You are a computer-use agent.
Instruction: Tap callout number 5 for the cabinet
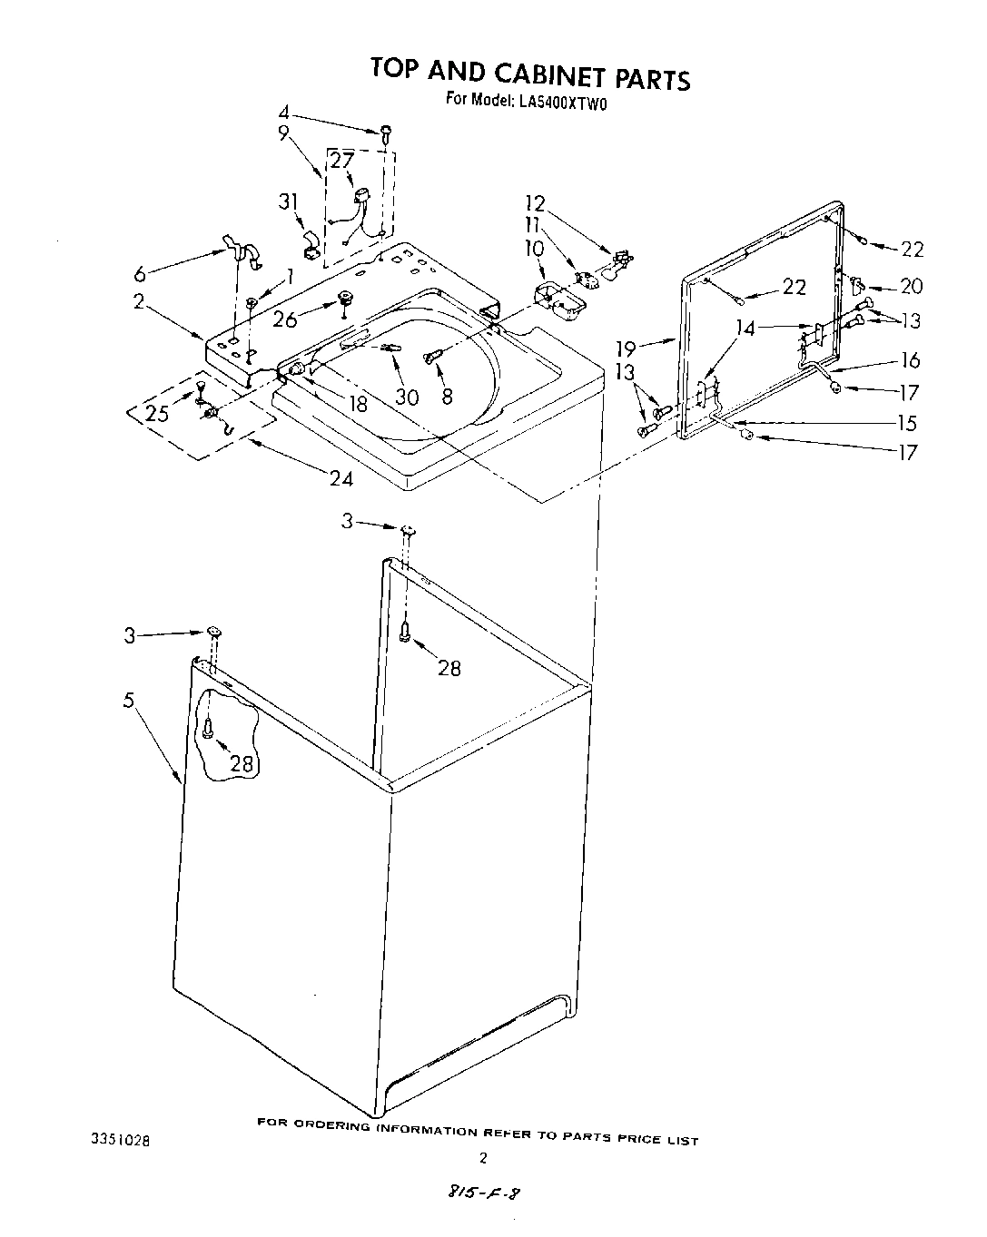[x=129, y=700]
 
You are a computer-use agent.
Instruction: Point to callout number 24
[x=341, y=478]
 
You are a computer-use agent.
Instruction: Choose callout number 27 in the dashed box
[x=341, y=161]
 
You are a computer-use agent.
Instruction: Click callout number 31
[x=288, y=201]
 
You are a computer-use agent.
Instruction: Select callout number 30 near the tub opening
[x=408, y=397]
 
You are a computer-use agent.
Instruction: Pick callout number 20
[x=911, y=286]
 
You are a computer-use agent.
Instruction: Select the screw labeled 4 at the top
[x=385, y=133]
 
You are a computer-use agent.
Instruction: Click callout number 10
[x=534, y=247]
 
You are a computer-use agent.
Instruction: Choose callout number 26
[x=284, y=319]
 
